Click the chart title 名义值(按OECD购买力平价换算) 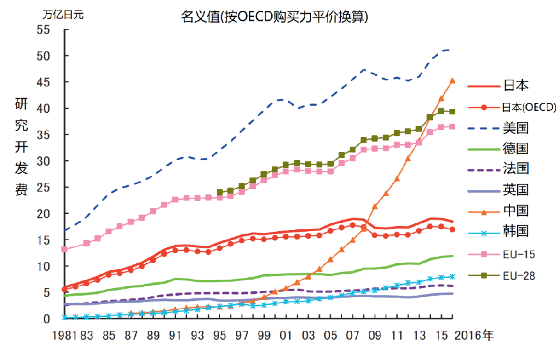(275, 17)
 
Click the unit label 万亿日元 (63, 14)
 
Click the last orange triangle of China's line (452, 81)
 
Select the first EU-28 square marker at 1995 (219, 193)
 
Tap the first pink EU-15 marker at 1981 (64, 250)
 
